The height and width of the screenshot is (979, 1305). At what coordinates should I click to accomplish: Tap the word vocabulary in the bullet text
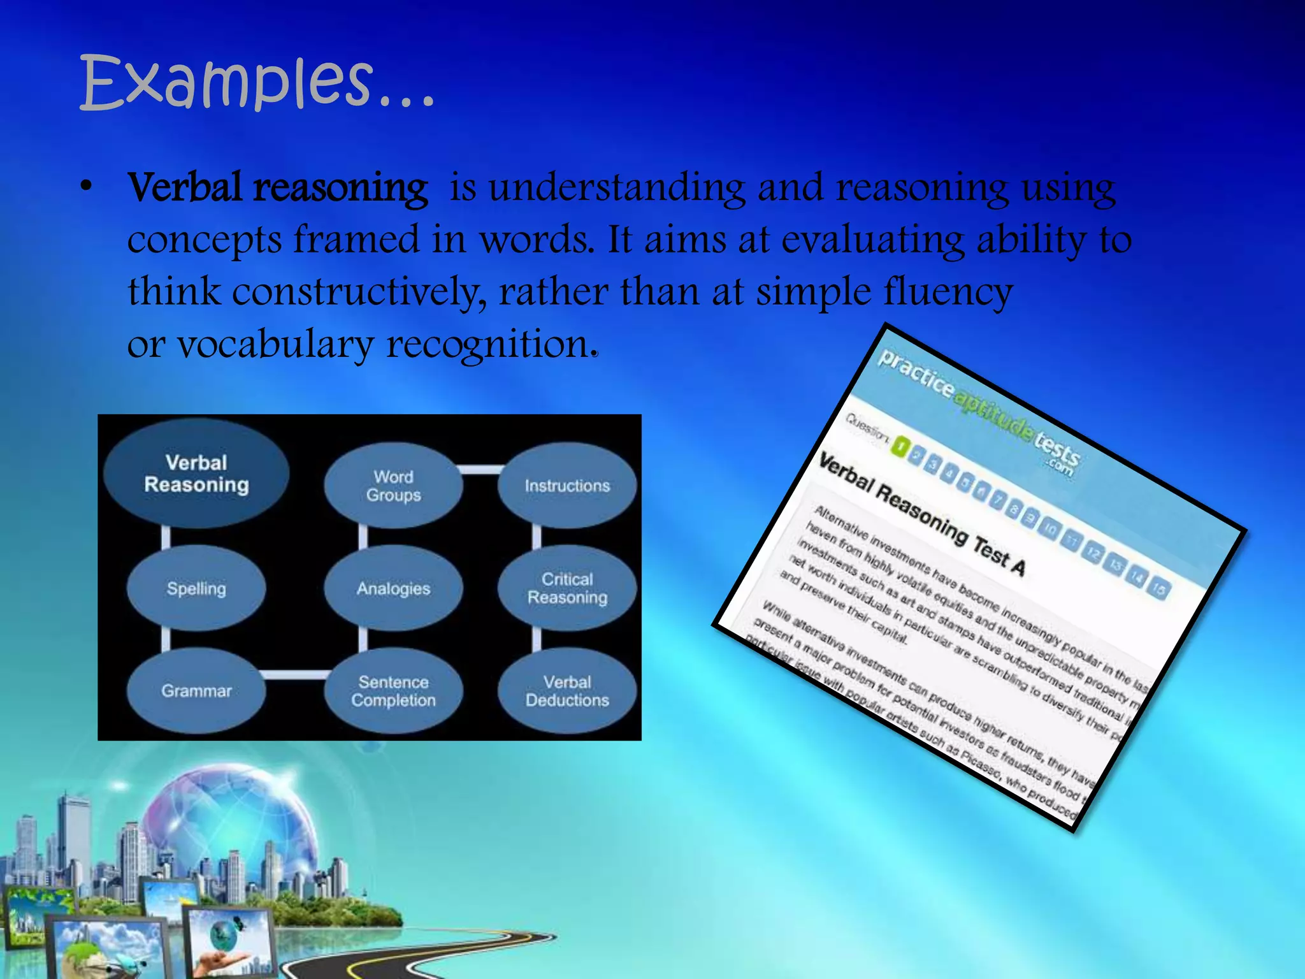pos(275,345)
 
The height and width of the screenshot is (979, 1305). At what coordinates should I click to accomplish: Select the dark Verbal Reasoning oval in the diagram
pos(196,474)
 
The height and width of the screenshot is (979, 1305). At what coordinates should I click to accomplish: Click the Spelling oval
pos(196,588)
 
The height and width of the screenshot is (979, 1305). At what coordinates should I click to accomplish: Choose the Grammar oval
pos(196,691)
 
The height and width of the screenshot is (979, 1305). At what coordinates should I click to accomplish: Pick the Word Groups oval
pos(393,486)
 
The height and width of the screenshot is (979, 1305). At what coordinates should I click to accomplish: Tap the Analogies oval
pos(393,588)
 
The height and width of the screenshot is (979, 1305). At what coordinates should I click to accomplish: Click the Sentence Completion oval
pos(393,691)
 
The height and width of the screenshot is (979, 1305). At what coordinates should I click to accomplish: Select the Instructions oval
pos(567,486)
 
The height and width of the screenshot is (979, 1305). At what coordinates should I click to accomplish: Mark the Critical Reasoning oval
pos(567,588)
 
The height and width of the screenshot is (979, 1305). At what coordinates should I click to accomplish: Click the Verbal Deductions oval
pos(567,691)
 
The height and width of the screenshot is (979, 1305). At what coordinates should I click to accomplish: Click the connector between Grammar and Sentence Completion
pos(295,675)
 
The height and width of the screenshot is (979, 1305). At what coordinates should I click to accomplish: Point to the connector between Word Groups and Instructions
pos(480,470)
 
